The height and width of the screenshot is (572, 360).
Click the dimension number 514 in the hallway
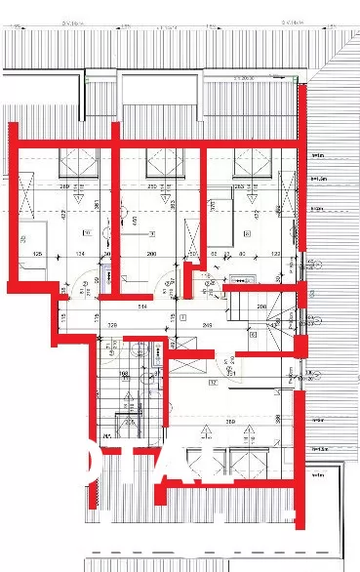tap(141, 307)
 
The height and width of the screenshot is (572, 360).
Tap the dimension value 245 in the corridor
tap(207, 324)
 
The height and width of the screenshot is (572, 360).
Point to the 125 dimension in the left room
tap(38, 255)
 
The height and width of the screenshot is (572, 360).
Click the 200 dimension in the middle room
tap(151, 255)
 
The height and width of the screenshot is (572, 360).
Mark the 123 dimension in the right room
tap(276, 255)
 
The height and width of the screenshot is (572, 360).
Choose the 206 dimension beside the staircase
tap(262, 306)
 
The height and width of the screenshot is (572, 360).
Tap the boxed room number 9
tap(154, 232)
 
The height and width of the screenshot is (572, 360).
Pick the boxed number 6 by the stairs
tap(252, 334)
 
